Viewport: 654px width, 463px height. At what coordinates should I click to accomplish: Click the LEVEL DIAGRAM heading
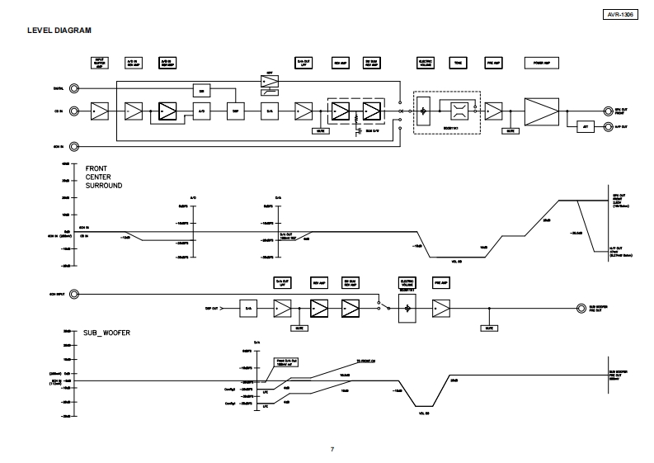pos(59,31)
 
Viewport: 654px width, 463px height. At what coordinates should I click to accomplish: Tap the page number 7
pos(332,449)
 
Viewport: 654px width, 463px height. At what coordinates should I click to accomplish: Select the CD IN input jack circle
pos(75,110)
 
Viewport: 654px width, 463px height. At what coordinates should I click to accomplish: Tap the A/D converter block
pos(201,110)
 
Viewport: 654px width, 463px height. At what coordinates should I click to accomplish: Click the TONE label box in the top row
pos(457,62)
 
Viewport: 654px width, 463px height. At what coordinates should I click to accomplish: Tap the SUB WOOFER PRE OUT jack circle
pos(580,308)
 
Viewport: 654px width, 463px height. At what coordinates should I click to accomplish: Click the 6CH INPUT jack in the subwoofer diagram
pos(75,293)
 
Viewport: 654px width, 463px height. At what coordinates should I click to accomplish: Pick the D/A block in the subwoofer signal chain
pos(249,308)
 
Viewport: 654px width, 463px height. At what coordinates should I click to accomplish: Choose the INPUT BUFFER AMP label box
pos(99,62)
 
